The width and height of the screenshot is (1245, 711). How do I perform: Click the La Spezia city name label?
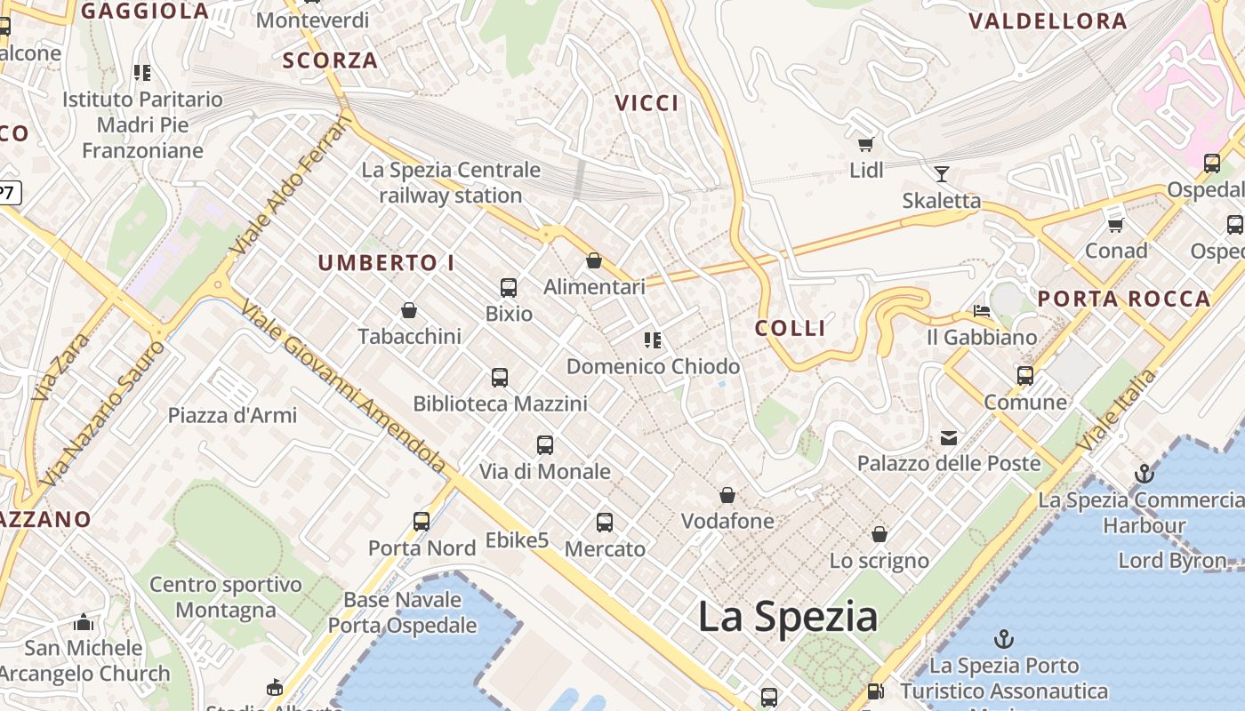pos(787,616)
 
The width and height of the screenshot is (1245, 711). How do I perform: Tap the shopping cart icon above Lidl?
pos(865,144)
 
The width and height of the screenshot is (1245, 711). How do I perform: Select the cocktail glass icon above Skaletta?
pos(941,173)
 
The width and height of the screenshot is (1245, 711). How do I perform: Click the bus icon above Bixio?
pos(509,287)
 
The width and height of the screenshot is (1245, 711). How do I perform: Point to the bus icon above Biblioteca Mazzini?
pos(500,378)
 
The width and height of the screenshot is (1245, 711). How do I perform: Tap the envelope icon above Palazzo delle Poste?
pos(949,437)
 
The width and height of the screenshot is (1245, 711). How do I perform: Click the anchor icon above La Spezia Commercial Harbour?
pos(1145,474)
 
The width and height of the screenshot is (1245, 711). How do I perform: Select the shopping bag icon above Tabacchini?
pos(409,310)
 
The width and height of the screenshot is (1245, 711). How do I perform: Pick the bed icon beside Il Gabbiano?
pos(982,311)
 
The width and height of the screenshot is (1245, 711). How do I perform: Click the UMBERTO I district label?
pos(386,263)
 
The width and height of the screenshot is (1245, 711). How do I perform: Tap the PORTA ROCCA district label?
pos(1124,299)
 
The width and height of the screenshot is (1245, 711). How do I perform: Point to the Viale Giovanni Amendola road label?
pos(342,385)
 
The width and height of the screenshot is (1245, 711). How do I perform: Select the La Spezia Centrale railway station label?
pos(451,182)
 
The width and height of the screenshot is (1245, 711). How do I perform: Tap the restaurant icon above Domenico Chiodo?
pos(653,340)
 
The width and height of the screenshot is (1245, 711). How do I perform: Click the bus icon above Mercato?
pos(605,523)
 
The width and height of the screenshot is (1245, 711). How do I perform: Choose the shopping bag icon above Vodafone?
pos(727,495)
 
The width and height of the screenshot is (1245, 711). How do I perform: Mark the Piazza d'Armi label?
pos(232,415)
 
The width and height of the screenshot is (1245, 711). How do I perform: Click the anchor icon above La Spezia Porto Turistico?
pos(1003,639)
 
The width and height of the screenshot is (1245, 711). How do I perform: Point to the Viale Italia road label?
pos(1117,410)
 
